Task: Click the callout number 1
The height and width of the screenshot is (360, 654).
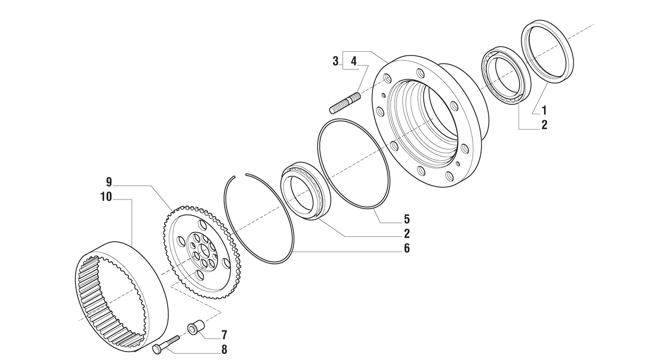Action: [x=544, y=111]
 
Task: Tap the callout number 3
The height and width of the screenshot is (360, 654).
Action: [x=335, y=61]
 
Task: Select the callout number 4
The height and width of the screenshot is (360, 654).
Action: [x=353, y=61]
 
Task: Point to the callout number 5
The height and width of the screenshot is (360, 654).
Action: [x=406, y=219]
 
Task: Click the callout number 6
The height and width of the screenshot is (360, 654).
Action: [x=406, y=248]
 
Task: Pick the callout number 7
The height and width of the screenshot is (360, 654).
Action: [x=224, y=335]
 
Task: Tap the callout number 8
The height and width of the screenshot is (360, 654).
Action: [x=224, y=349]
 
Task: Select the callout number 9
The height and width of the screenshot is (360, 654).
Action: [x=108, y=182]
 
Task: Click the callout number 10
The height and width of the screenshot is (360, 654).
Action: [x=106, y=196]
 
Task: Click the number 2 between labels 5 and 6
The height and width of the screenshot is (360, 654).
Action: [x=406, y=233]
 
